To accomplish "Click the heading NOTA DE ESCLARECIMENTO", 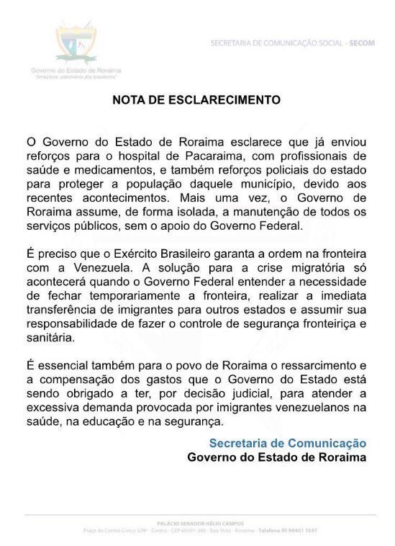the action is [196, 100].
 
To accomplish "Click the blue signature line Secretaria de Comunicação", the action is [288, 442].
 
